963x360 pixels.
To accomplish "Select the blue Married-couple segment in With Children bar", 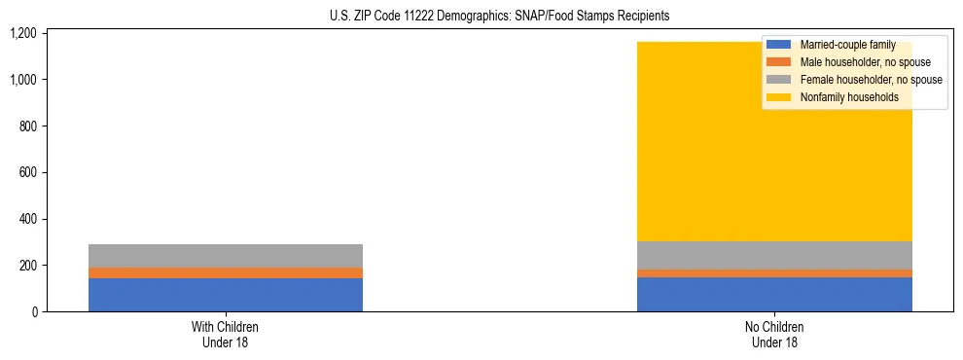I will (x=226, y=295).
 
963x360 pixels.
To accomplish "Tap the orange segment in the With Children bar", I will (x=226, y=272).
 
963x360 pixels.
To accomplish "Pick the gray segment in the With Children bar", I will (x=226, y=255).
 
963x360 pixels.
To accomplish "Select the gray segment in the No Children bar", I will (x=774, y=255).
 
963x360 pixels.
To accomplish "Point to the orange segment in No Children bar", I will (x=774, y=273).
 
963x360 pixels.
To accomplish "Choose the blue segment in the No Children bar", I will (x=774, y=295).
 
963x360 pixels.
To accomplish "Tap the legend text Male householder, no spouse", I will (x=865, y=62).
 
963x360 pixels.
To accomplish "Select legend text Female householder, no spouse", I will (x=871, y=80).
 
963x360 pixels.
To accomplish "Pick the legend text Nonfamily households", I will (x=842, y=97).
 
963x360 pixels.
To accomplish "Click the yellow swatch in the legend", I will (x=779, y=97).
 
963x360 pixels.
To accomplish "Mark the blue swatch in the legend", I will (x=779, y=45).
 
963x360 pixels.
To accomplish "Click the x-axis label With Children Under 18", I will (x=226, y=335).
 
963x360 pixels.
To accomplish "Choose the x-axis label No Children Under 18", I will (x=774, y=335).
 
